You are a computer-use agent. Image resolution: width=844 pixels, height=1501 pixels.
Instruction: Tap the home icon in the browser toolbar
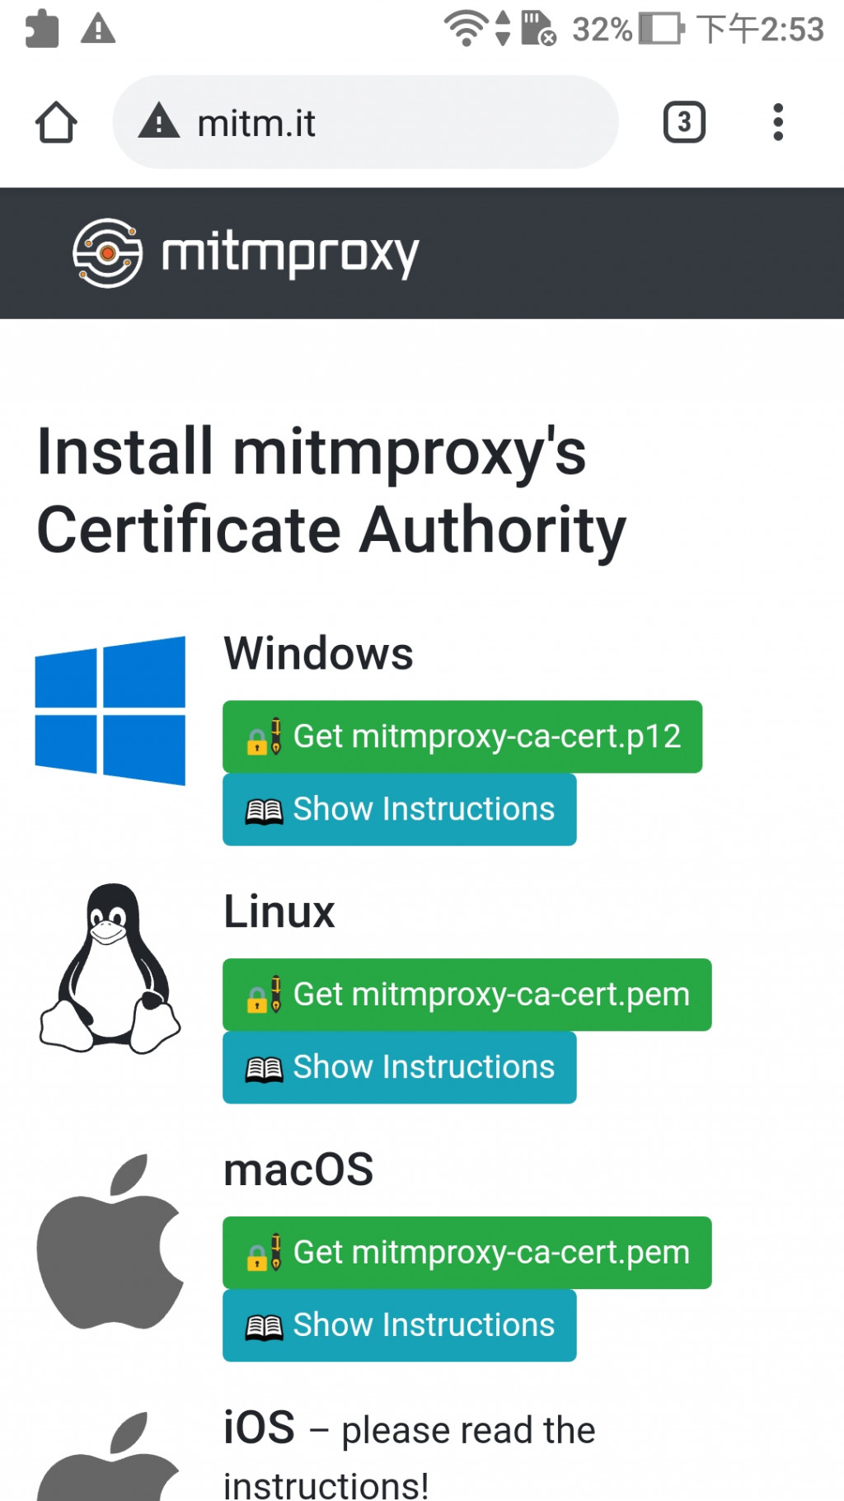pos(56,123)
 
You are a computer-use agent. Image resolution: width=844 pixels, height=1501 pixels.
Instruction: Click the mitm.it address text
pos(256,124)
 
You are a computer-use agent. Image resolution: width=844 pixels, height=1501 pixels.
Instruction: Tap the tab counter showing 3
pos(684,123)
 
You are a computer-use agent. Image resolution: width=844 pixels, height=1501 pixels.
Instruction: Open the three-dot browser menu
pos(777,123)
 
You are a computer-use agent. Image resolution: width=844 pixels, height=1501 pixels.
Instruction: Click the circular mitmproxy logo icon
pos(107,253)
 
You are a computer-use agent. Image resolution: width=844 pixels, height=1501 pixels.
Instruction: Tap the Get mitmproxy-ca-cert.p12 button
pos(462,736)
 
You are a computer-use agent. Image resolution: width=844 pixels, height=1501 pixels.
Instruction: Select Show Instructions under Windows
pos(399,809)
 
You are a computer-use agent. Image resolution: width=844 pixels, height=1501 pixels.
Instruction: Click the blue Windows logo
pos(110,710)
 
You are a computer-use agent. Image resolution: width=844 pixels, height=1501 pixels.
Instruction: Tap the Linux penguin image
pos(110,968)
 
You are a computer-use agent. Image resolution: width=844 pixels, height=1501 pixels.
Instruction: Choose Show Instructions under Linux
pos(399,1067)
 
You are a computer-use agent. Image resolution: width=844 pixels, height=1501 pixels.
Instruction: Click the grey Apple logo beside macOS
pos(110,1241)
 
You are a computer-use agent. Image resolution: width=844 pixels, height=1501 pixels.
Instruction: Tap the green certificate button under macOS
pos(467,1252)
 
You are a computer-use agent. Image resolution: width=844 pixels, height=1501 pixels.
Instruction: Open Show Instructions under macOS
pos(399,1325)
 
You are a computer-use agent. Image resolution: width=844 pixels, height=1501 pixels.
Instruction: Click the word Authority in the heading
pos(493,530)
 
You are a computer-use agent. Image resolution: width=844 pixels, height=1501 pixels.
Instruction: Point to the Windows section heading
pos(318,654)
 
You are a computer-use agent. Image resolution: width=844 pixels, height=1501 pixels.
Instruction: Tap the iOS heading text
pos(260,1428)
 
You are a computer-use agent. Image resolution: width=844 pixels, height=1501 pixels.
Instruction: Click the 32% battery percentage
pos(602,30)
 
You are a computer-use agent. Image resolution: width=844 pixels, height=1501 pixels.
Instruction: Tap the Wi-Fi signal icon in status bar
pos(466,29)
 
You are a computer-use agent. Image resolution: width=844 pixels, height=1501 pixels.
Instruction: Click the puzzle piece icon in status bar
pos(42,30)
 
